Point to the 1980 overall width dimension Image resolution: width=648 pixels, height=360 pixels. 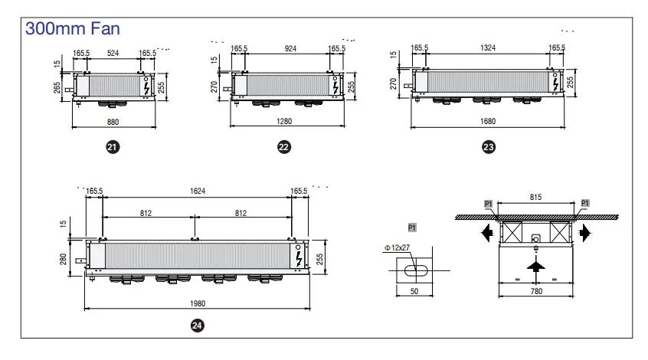pos(197,303)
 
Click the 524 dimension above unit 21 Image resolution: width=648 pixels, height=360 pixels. pos(113,53)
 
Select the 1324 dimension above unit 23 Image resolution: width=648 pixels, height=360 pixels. pos(488,48)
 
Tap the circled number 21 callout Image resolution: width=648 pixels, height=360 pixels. pos(113,146)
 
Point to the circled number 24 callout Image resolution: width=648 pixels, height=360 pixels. pos(197,326)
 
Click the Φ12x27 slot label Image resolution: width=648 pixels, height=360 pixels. pos(397,247)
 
